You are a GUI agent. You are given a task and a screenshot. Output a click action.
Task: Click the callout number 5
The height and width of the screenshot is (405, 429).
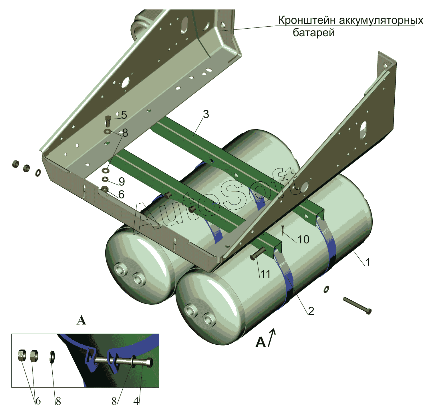click(x=124, y=115)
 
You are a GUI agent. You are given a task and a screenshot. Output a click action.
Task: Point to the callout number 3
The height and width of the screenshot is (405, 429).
click(x=206, y=114)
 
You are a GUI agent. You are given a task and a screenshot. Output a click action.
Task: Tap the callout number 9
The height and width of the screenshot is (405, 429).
click(x=122, y=182)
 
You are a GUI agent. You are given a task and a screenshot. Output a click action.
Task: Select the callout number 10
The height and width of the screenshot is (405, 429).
click(x=303, y=239)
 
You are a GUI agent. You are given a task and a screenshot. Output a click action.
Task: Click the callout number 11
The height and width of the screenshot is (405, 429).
click(x=265, y=274)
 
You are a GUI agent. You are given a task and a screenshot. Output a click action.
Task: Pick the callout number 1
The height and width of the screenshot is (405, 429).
click(x=368, y=262)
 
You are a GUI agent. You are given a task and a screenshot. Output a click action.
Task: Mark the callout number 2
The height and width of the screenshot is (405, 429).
click(x=311, y=311)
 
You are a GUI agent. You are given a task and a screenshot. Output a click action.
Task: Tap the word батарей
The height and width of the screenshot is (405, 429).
click(x=314, y=33)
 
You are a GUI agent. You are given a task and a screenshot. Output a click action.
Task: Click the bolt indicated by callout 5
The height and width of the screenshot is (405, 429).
click(x=108, y=121)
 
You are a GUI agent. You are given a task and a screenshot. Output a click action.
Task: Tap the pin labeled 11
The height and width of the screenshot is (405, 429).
click(x=258, y=254)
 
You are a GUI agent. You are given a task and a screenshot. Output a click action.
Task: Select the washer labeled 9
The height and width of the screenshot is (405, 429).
click(x=106, y=179)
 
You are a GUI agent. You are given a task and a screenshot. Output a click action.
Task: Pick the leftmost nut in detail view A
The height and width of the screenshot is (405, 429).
click(x=22, y=356)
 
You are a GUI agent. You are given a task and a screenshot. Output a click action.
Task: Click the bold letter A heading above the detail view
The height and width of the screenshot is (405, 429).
click(x=81, y=321)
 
